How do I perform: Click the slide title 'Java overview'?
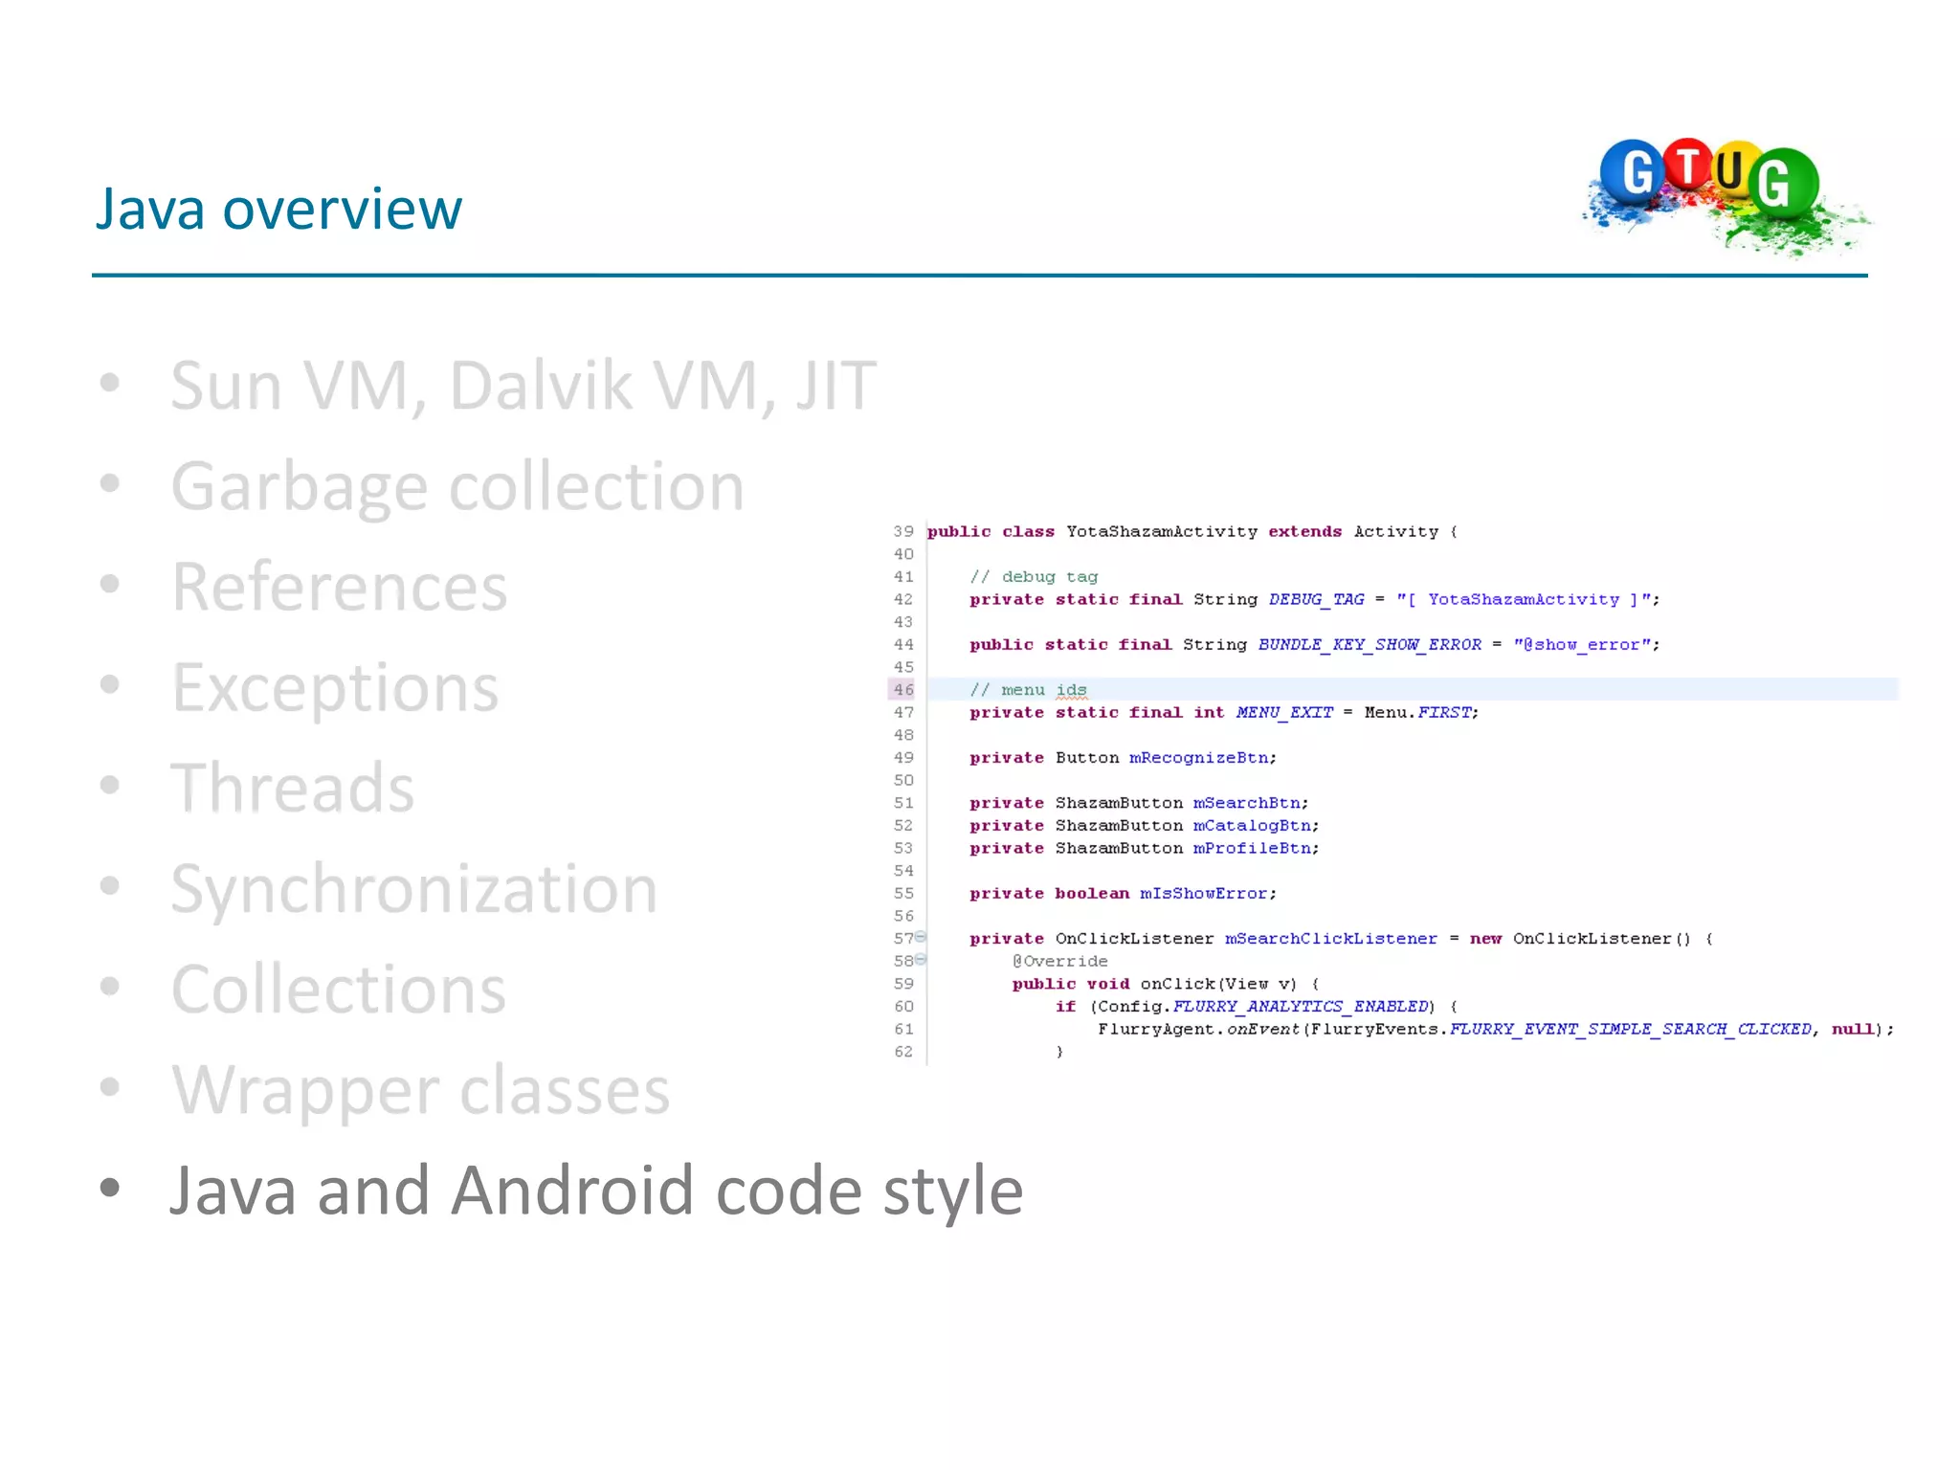pos(278,209)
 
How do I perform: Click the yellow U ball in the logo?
pos(1730,170)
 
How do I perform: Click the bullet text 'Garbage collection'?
pos(457,486)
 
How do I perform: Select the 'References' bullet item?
pos(339,587)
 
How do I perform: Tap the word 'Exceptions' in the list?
pos(335,687)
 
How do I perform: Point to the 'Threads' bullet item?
pos(292,788)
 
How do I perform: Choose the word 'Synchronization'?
pos(413,888)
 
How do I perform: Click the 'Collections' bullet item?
pos(338,989)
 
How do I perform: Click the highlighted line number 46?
pos(903,689)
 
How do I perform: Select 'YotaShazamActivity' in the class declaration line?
pos(1161,531)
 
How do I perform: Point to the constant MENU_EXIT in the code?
pos(1284,712)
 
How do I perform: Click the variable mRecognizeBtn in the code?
pos(1201,758)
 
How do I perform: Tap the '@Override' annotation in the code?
pos(1059,961)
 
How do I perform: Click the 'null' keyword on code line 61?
pos(1852,1029)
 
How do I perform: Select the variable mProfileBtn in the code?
pos(1254,848)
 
